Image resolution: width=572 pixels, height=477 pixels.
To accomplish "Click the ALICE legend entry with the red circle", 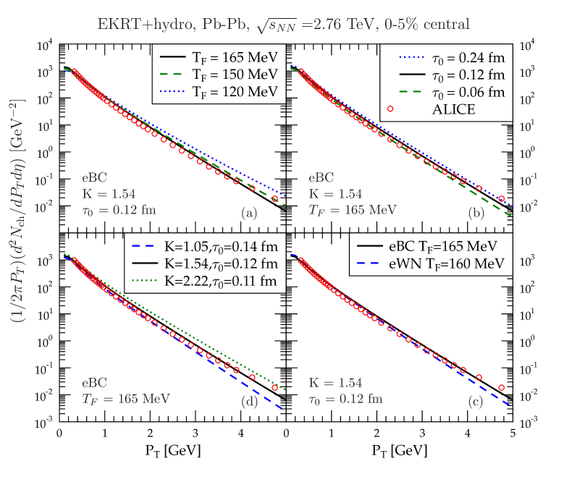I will coord(434,109).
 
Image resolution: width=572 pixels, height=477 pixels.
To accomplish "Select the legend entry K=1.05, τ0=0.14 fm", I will coord(206,244).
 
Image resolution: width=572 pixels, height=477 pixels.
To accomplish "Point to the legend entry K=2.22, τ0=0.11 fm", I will coord(206,279).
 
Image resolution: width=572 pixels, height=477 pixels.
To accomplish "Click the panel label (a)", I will coord(249,214).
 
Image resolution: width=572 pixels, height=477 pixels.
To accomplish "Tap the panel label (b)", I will coord(476,214).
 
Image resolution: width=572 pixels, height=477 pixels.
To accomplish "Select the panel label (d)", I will coord(249,402).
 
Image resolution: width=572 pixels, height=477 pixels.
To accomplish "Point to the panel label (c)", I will coord(476,402).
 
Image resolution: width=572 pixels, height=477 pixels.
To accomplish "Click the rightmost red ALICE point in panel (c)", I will coord(501,388).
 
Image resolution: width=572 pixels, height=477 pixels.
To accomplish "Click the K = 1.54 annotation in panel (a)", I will coord(109,193).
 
